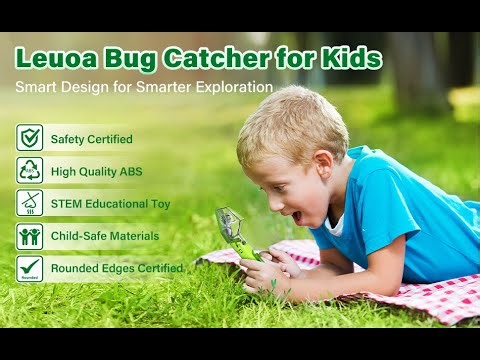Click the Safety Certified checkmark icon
pyautogui.click(x=29, y=138)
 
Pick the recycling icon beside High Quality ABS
pyautogui.click(x=29, y=171)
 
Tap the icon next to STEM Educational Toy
pyautogui.click(x=29, y=203)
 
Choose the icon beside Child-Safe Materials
pyautogui.click(x=29, y=236)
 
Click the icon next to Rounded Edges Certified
pyautogui.click(x=29, y=268)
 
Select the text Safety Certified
pyautogui.click(x=91, y=139)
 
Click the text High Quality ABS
pyautogui.click(x=96, y=172)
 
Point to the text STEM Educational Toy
pyautogui.click(x=110, y=204)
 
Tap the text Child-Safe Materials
pyautogui.click(x=104, y=236)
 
